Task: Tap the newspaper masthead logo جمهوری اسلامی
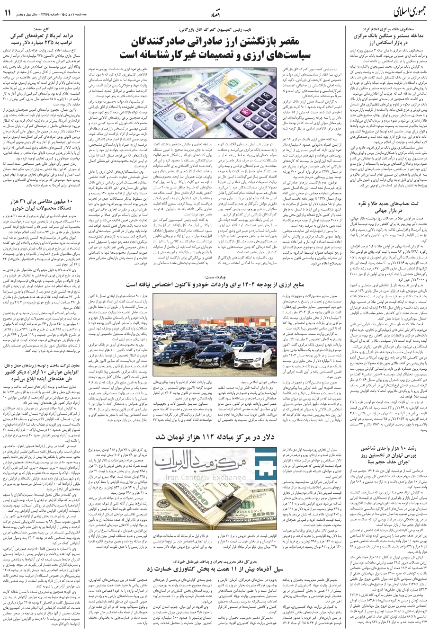tap(396, 12)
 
